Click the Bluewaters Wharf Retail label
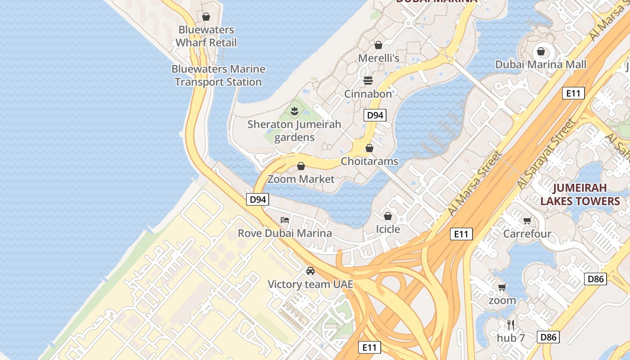click(x=206, y=36)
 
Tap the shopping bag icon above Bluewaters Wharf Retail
click(x=206, y=17)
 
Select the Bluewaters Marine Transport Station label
click(x=218, y=76)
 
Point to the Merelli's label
click(x=378, y=58)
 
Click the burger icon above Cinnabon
click(x=368, y=81)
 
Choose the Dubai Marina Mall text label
click(x=540, y=64)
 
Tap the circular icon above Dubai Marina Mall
click(x=541, y=51)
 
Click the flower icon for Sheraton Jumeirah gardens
click(x=294, y=111)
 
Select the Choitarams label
click(x=369, y=161)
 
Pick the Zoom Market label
click(x=301, y=179)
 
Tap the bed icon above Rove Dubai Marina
click(x=285, y=220)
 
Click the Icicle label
click(x=388, y=229)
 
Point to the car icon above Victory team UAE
click(x=310, y=271)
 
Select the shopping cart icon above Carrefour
click(x=527, y=220)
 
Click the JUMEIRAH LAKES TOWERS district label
click(x=580, y=194)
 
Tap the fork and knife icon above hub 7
click(x=511, y=324)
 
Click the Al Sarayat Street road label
click(x=546, y=154)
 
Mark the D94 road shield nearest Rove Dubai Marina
click(x=257, y=199)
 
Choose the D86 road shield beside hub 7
click(x=548, y=337)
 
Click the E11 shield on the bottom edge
click(x=369, y=347)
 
